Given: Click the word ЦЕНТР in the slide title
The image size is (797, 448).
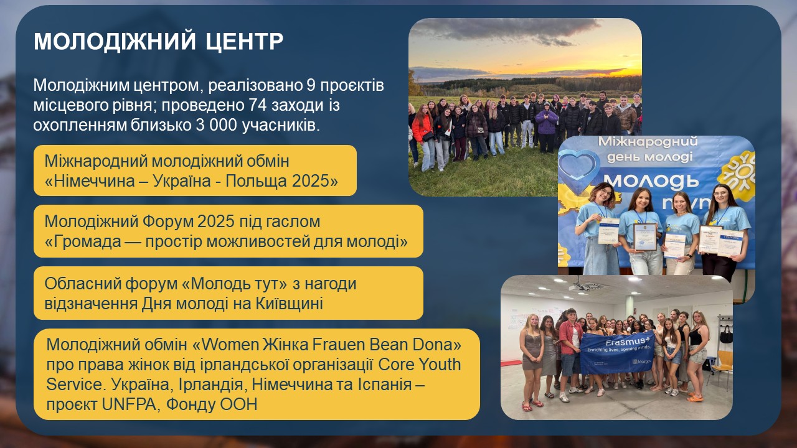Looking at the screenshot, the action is pos(244,41).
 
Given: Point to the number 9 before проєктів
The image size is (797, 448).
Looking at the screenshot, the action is pos(310,85).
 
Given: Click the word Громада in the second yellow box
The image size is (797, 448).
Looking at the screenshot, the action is pos(83,242).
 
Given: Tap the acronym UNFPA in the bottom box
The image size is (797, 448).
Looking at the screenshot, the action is pos(129,404).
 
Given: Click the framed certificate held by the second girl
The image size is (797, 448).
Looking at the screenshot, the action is pos(644,236).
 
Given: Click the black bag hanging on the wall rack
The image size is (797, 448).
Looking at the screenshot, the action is pos(726,335).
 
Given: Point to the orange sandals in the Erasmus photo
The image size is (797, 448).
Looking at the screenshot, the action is pos(696,399).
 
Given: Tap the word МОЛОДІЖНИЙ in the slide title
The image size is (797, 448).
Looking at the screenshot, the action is pos(115,41).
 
